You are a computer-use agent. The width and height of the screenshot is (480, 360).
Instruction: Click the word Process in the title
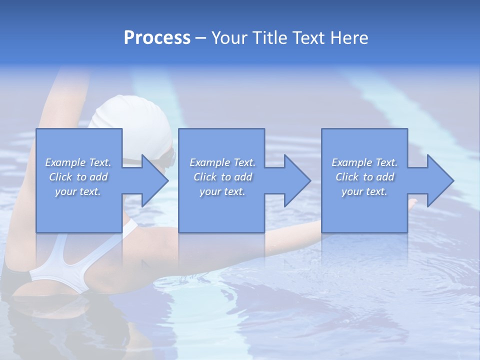coord(157,38)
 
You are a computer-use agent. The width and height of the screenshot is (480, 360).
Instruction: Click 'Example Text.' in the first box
coord(78,162)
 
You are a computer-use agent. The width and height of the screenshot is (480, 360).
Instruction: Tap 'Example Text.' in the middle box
coord(222,162)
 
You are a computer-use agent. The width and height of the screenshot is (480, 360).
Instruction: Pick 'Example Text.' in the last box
coord(364,162)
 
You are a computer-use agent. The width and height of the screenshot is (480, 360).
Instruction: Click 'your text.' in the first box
coord(78,191)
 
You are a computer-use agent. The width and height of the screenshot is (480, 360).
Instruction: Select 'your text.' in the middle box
coord(222,191)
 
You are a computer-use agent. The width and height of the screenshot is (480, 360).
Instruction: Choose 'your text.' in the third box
coord(364,191)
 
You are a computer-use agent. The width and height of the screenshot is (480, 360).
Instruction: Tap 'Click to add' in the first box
coord(78,177)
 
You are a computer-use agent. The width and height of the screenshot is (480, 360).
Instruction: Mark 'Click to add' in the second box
coord(222,177)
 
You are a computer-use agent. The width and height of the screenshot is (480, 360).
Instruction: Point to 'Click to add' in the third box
coord(364,177)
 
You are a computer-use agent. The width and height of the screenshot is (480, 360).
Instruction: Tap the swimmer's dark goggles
coord(172,158)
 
